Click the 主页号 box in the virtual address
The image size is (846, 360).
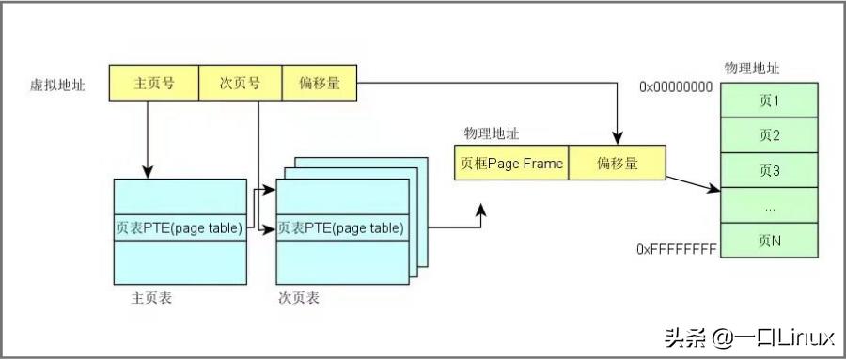(154, 83)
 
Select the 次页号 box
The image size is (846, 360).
(241, 83)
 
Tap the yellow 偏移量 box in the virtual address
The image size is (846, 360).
(320, 83)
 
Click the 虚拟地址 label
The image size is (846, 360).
(58, 85)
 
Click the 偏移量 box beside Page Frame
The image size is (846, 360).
(618, 164)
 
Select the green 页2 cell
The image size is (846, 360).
(769, 134)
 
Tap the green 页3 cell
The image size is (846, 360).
(769, 170)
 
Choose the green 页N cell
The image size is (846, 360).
(769, 241)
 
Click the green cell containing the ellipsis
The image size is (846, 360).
(769, 206)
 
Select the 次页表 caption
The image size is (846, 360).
(298, 298)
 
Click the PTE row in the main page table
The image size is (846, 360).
(179, 227)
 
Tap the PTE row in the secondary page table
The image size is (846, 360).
(342, 227)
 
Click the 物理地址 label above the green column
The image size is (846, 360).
(751, 69)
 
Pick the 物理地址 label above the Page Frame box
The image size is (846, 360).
(492, 134)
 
